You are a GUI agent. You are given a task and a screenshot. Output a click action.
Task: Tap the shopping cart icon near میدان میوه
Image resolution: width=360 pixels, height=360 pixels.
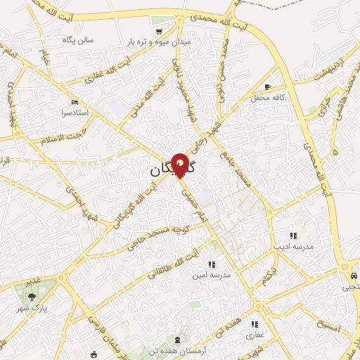160,31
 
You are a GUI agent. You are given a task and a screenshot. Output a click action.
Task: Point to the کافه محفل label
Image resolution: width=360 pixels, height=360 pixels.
268,97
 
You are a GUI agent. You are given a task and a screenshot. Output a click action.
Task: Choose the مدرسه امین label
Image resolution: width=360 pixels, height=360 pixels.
212,275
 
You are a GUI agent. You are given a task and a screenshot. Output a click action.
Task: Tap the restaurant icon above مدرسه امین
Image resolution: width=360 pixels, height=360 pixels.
212,264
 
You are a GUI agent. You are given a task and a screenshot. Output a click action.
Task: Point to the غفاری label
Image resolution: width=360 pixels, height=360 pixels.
255,335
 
